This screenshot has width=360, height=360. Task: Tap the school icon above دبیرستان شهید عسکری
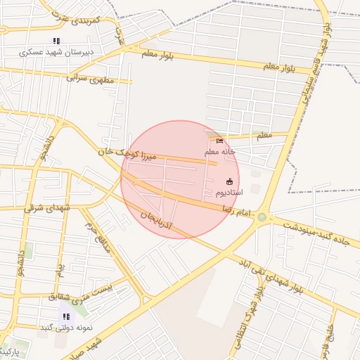56,41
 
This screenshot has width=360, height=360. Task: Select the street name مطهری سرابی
89,79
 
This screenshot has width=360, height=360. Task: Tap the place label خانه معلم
219,151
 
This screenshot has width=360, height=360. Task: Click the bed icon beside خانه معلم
219,141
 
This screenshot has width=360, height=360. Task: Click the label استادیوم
229,192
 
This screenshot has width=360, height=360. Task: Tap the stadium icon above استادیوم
229,181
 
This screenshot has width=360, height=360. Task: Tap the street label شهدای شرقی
48,207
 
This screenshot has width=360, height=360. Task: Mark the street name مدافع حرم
98,237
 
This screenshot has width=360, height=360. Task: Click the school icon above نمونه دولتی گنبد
66,316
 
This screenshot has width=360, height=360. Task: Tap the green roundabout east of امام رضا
262,217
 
